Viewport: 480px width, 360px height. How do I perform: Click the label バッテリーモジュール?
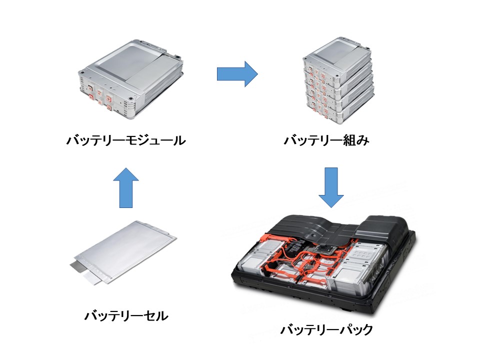coord(125,140)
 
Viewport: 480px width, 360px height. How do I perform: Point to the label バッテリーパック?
coord(326,330)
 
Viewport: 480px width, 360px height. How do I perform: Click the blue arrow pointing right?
coord(236,74)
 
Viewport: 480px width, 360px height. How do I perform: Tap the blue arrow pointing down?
coord(331,187)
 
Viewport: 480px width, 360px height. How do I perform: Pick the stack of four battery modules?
coord(339,80)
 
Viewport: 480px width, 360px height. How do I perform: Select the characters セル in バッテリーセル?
coord(153,316)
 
